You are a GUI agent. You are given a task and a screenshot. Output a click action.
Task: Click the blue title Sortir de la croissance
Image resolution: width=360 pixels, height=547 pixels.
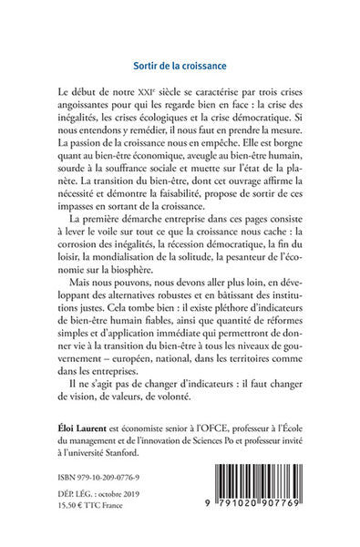point(180,66)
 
